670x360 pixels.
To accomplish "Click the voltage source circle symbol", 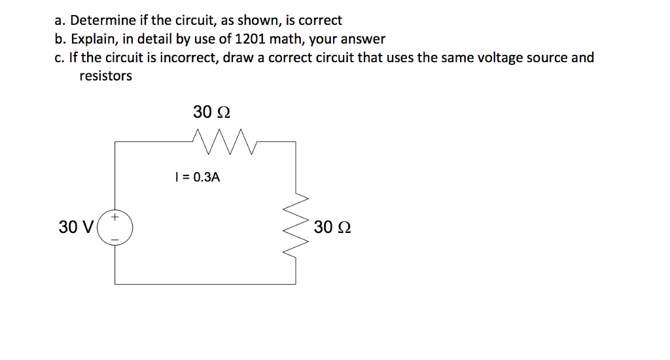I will pos(115,228).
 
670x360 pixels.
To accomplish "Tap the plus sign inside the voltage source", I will pos(115,215).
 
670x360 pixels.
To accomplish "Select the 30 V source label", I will pos(76,228).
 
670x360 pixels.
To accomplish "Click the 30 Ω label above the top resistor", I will pos(211,112).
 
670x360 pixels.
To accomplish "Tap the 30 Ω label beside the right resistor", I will pos(332,228).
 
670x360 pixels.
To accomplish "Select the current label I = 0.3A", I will pos(196,177).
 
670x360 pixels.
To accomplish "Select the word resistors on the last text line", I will pos(105,76).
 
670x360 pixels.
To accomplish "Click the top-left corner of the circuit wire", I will pos(115,141).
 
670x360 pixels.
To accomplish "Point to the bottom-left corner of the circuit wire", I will pos(115,283).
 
